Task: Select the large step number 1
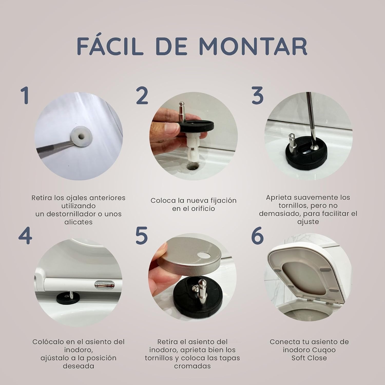[x=25, y=95]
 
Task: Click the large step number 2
[x=142, y=95]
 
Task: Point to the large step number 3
[x=258, y=95]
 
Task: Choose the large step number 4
[x=25, y=236]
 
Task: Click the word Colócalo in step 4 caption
[x=46, y=342]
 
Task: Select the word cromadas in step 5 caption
[x=192, y=366]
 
